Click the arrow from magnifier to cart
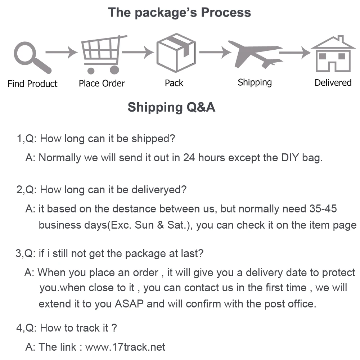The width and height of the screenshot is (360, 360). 61,53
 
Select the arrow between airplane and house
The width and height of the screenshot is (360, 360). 294,53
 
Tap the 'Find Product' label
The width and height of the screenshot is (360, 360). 32,84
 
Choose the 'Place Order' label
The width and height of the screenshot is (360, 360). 102,84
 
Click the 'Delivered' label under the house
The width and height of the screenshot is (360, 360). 333,83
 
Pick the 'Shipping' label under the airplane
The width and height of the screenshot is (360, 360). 255,82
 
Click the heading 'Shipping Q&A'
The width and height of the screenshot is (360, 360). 171,107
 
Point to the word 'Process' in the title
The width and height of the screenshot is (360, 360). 226,13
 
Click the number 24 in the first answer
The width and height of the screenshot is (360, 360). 189,158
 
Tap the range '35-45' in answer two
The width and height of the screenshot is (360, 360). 323,209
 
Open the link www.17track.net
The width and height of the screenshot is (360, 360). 125,347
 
